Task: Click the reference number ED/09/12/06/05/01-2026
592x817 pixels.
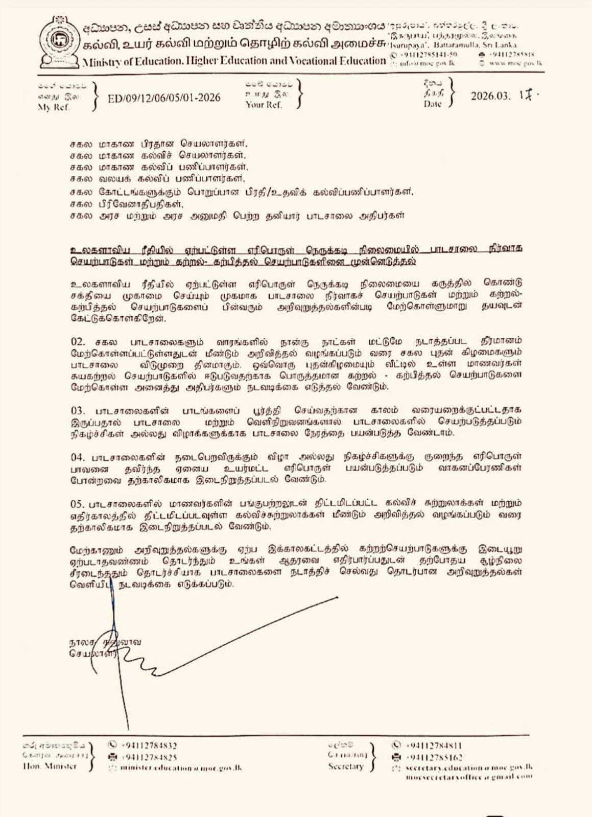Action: [164, 98]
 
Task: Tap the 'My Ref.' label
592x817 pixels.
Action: [53, 107]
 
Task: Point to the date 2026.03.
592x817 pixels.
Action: [490, 96]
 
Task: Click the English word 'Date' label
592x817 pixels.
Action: [432, 104]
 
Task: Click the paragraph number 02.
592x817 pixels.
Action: [78, 341]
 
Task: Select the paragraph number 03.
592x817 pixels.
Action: [78, 410]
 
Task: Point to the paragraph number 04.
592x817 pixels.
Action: [78, 457]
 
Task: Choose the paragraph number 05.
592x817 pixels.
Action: [78, 504]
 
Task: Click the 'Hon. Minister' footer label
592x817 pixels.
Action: [50, 766]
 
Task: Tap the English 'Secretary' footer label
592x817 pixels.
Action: [346, 766]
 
